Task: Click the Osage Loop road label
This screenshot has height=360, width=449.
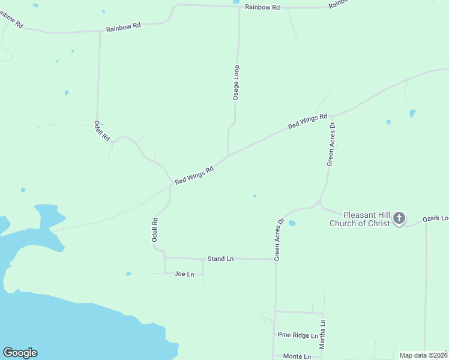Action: pyautogui.click(x=237, y=82)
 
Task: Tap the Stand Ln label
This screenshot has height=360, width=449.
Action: pyautogui.click(x=220, y=259)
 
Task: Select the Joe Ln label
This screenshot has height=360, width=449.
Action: pyautogui.click(x=184, y=274)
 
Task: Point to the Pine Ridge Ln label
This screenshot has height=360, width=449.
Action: pyautogui.click(x=298, y=335)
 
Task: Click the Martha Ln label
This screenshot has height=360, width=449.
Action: pyautogui.click(x=322, y=335)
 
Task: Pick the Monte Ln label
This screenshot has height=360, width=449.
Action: pyautogui.click(x=297, y=356)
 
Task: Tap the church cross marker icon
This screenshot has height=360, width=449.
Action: pyautogui.click(x=399, y=219)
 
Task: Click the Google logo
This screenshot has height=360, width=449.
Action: pyautogui.click(x=20, y=353)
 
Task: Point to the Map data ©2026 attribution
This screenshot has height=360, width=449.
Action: pyautogui.click(x=423, y=355)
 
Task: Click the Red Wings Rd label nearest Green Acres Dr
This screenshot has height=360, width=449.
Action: pyautogui.click(x=307, y=121)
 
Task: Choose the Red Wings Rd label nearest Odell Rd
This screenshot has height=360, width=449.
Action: pyautogui.click(x=194, y=176)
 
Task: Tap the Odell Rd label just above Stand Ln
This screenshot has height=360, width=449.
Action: pyautogui.click(x=155, y=229)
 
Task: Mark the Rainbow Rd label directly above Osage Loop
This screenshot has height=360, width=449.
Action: pyautogui.click(x=262, y=7)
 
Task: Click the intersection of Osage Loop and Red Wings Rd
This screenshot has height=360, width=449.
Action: pyautogui.click(x=228, y=156)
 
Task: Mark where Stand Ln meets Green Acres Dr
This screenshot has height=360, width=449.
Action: pyautogui.click(x=276, y=259)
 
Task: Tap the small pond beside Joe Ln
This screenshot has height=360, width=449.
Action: pyautogui.click(x=128, y=274)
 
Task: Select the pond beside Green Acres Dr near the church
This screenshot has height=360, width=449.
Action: pyautogui.click(x=292, y=223)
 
